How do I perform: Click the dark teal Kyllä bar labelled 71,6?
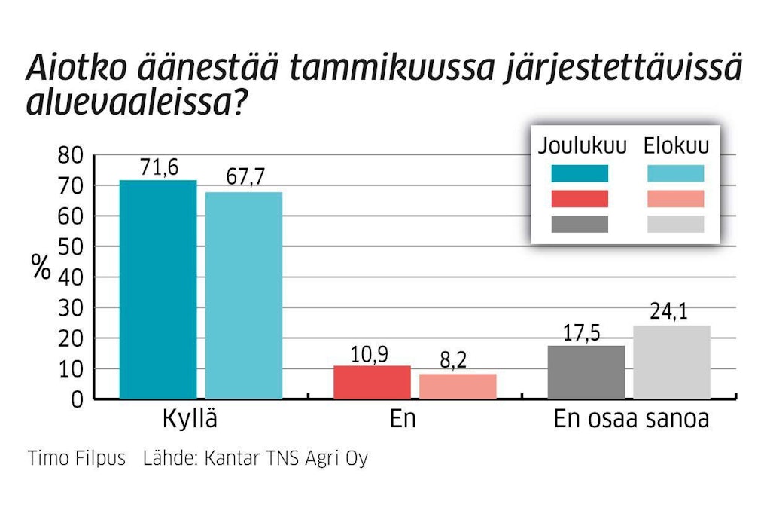pyautogui.click(x=157, y=289)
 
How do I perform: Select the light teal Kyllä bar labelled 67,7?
pyautogui.click(x=243, y=295)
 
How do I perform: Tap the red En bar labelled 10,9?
pyautogui.click(x=372, y=382)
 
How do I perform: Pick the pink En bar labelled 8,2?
pyautogui.click(x=458, y=387)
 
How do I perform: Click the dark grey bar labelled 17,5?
pyautogui.click(x=586, y=372)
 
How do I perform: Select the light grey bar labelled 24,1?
pyautogui.click(x=671, y=362)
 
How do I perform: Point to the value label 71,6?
pyautogui.click(x=159, y=168)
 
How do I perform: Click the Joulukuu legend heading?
pyautogui.click(x=582, y=145)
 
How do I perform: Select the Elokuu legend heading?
pyautogui.click(x=676, y=145)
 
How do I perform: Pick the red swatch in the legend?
pyautogui.click(x=579, y=199)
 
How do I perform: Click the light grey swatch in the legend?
pyautogui.click(x=675, y=225)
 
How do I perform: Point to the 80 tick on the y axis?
pyautogui.click(x=69, y=156)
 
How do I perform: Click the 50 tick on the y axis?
pyautogui.click(x=69, y=247)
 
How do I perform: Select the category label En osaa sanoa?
pyautogui.click(x=631, y=420)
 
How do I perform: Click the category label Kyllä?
pyautogui.click(x=190, y=420)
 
